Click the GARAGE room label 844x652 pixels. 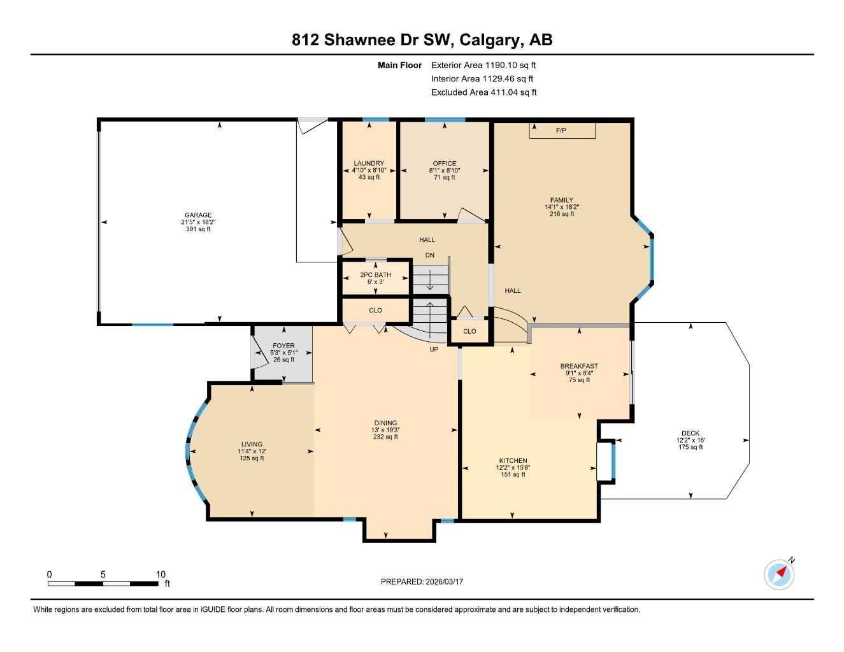click(x=198, y=215)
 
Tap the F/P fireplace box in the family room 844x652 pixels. click(x=561, y=131)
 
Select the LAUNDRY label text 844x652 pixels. click(x=369, y=164)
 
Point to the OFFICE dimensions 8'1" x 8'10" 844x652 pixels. click(x=444, y=171)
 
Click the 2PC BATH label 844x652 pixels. click(x=375, y=275)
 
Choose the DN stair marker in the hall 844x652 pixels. click(x=430, y=255)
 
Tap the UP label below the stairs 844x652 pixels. click(x=434, y=350)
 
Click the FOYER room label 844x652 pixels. click(x=283, y=346)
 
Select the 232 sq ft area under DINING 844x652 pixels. click(x=385, y=437)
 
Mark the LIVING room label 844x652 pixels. click(x=252, y=444)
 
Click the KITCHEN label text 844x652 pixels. click(x=513, y=460)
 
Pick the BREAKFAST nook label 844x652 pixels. click(x=579, y=366)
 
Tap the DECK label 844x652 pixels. click(x=690, y=433)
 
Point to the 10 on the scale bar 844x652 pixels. click(x=161, y=574)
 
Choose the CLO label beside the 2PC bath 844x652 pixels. click(x=375, y=310)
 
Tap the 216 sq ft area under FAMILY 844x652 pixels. click(x=561, y=214)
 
